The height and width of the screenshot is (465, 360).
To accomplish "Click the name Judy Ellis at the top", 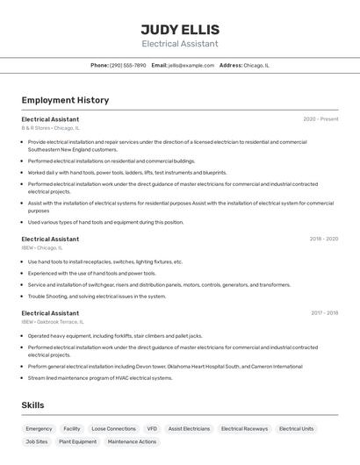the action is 180,29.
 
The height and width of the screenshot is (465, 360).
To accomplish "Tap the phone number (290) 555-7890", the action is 128,65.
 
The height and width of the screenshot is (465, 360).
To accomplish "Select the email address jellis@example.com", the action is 191,65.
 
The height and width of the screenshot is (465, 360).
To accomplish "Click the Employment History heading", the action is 65,100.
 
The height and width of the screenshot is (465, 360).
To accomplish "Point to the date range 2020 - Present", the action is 320,119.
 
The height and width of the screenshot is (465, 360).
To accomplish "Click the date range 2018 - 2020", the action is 323,239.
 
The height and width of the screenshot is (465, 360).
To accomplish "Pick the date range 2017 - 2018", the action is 324,312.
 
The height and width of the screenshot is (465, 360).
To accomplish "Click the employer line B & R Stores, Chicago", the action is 51,128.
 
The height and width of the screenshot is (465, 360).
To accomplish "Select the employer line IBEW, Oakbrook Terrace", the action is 59,322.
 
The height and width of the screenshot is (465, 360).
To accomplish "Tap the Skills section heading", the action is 32,405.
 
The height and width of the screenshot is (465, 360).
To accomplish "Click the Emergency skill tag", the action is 39,429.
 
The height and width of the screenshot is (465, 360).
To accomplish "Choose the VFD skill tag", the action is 152,429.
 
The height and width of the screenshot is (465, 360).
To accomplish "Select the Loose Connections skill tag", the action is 113,429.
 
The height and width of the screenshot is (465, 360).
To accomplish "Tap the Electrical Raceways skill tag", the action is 244,429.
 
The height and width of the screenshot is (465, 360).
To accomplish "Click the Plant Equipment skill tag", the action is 77,442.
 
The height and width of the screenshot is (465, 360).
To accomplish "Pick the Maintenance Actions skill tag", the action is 132,442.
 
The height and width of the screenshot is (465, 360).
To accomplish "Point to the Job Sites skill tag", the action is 36,442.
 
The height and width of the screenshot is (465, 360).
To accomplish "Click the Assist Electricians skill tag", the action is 189,429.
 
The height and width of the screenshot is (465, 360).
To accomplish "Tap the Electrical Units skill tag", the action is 296,429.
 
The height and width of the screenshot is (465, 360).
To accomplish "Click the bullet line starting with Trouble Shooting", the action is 97,296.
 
